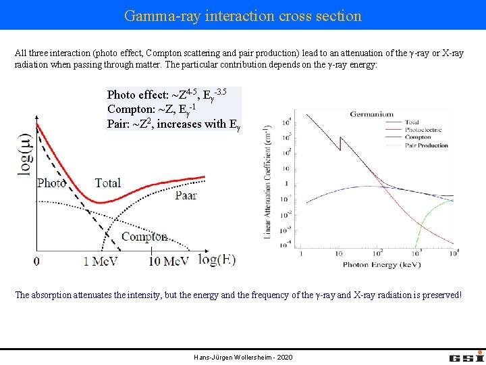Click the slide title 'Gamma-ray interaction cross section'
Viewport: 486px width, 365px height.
point(243,15)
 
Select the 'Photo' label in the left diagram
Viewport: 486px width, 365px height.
point(51,182)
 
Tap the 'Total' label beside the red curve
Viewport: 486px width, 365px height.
point(108,182)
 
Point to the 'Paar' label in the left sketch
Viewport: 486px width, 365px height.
point(186,195)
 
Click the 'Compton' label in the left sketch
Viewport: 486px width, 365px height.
point(144,237)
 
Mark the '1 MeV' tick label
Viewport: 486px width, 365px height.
point(103,261)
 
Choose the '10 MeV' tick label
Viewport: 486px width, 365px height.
point(169,261)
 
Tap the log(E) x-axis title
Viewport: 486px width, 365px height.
point(216,260)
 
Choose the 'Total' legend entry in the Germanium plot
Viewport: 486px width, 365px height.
point(412,122)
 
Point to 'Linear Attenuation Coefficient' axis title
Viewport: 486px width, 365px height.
point(268,182)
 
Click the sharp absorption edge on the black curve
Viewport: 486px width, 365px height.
point(342,144)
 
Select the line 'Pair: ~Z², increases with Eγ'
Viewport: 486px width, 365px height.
point(173,124)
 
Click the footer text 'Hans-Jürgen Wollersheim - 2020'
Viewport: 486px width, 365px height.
point(243,357)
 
